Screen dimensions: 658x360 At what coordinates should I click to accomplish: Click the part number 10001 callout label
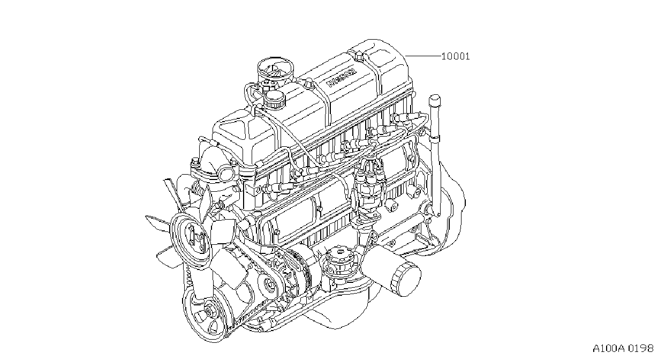click(456, 56)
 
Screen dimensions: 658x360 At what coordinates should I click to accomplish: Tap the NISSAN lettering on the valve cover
click(342, 78)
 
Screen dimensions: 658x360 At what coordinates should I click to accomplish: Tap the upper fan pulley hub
click(195, 238)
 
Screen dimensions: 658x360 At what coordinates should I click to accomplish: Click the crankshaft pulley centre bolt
click(209, 311)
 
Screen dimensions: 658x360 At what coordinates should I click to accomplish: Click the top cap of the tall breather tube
click(435, 101)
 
